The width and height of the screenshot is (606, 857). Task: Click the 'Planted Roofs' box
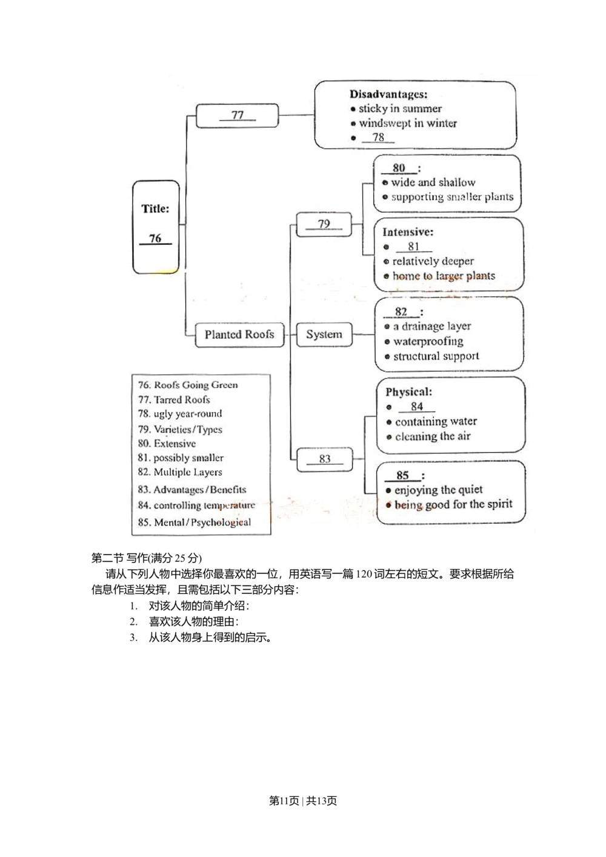coord(239,335)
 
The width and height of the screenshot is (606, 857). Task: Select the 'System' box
coord(324,335)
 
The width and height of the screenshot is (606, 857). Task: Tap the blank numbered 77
coord(238,115)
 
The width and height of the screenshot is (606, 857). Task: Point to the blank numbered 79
coord(324,224)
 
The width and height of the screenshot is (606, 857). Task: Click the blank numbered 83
coord(325,459)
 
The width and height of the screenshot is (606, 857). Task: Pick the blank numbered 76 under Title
coord(156,239)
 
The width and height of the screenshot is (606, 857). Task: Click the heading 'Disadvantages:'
coord(388,95)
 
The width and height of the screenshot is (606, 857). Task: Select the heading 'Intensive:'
coord(408,232)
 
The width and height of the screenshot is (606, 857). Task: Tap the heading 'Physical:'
coord(409,392)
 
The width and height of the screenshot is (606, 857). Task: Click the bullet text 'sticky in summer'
coord(400,109)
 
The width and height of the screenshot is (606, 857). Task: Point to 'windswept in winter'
coord(408,124)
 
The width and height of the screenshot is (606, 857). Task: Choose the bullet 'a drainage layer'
coord(432,327)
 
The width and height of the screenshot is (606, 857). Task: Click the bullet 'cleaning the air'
coord(433,436)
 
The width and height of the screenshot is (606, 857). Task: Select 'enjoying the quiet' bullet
coord(439,490)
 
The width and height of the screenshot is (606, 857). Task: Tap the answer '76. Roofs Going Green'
coord(188,385)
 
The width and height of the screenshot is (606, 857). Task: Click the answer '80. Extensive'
coord(167,444)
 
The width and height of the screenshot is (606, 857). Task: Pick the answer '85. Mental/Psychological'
coord(194,522)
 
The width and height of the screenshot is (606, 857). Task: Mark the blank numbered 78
coord(378,138)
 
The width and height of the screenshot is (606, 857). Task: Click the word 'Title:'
coord(156,209)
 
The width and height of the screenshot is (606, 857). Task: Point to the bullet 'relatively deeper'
coord(433,261)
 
